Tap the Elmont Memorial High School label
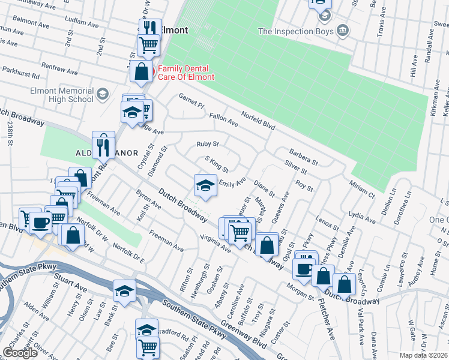[x=62, y=95]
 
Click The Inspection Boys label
[x=295, y=31]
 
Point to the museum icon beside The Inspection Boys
[x=342, y=30]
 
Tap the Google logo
[x=20, y=353]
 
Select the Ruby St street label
[x=208, y=144]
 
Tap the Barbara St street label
[x=303, y=157]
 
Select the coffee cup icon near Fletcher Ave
[x=304, y=268]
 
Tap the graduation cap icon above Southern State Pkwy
[x=125, y=291]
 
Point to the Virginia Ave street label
[x=215, y=242]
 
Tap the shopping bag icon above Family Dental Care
[x=141, y=71]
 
